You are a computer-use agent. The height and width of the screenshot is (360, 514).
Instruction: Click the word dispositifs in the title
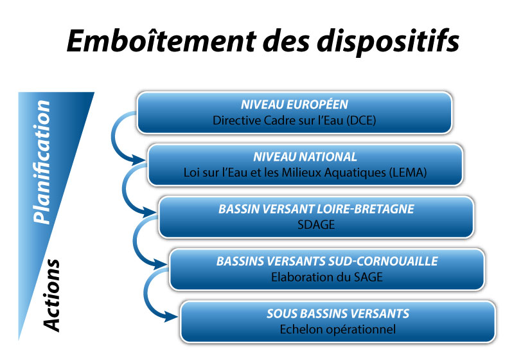(x=388, y=42)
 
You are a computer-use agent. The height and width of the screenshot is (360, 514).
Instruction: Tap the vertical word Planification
(x=42, y=162)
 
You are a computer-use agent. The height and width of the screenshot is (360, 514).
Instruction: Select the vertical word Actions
(x=51, y=296)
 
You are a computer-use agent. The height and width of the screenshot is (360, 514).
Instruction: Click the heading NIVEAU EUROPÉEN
(x=294, y=105)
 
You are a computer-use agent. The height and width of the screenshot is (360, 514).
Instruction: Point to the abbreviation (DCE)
(x=361, y=120)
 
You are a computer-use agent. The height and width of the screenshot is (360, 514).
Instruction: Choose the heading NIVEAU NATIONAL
(x=305, y=157)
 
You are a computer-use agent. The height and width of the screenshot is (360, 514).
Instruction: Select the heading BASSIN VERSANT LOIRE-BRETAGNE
(x=316, y=209)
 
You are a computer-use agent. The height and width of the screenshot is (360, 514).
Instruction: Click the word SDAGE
(x=316, y=224)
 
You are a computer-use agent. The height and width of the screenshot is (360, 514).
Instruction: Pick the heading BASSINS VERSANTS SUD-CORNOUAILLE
(x=327, y=261)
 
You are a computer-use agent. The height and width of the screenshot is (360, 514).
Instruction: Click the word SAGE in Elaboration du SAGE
(x=368, y=277)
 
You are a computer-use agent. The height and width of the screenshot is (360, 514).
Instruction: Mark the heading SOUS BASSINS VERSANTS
(x=338, y=314)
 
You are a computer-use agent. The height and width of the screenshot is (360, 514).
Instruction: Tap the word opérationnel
(x=355, y=330)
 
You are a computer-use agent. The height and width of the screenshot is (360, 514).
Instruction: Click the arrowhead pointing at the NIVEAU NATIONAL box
(x=139, y=160)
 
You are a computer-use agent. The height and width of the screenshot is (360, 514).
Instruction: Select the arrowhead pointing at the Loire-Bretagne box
(x=150, y=212)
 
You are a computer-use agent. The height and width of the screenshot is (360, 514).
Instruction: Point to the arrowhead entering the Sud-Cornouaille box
(x=161, y=264)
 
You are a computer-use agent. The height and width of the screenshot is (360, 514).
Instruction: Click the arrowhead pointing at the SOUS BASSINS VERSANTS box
(x=172, y=316)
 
